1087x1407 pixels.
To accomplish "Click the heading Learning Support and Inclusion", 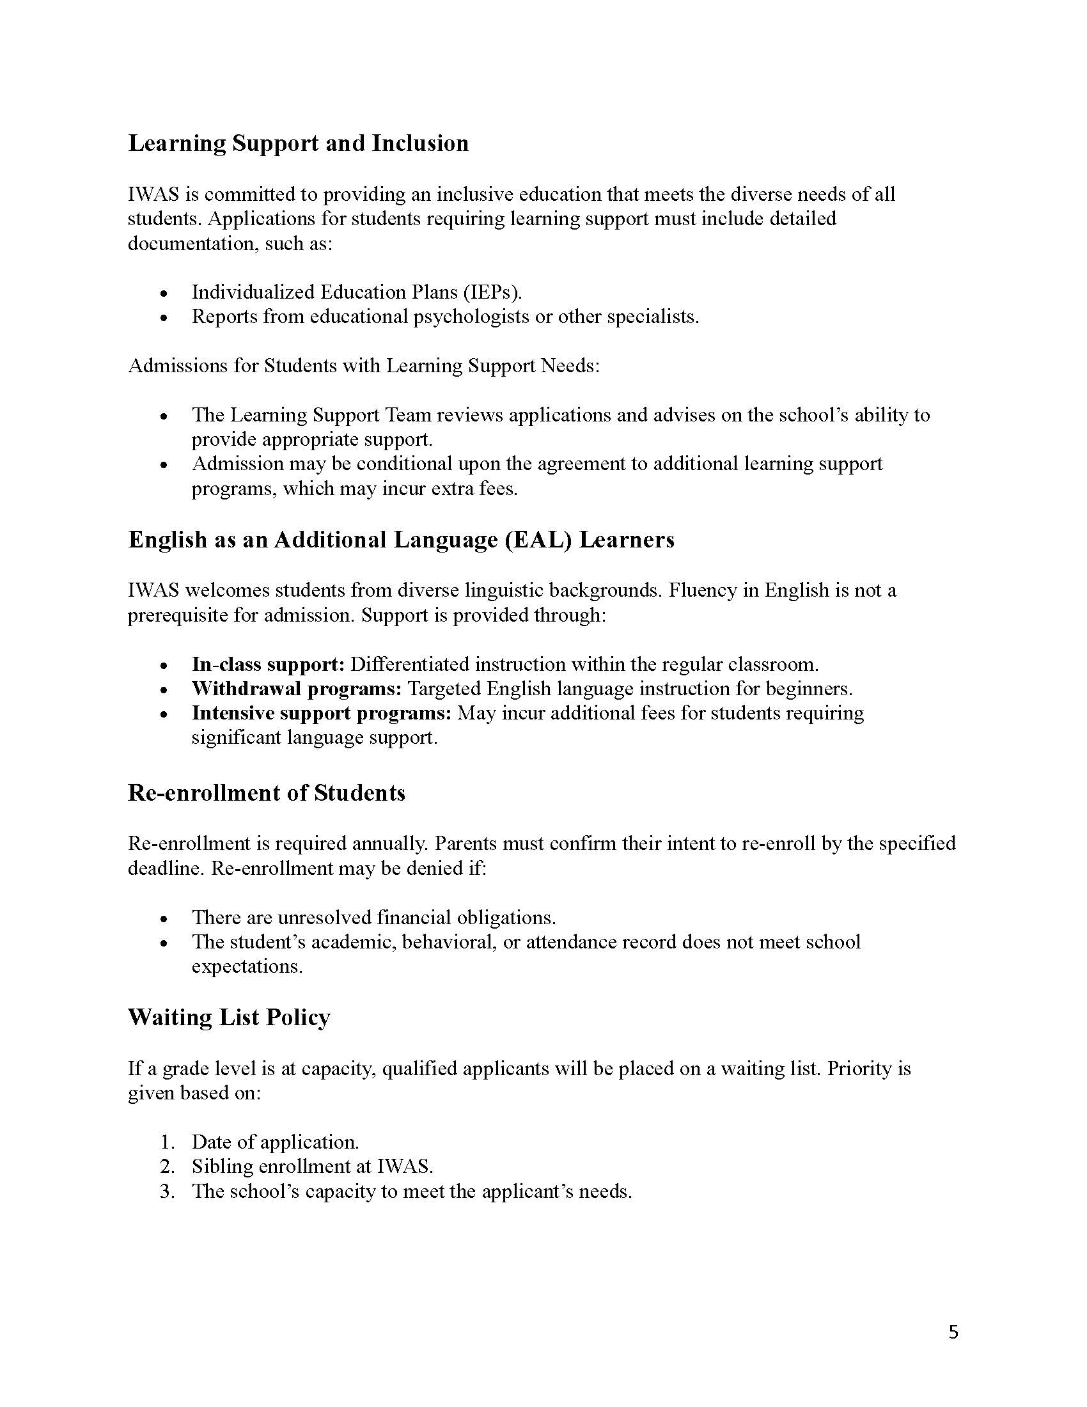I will pyautogui.click(x=298, y=143).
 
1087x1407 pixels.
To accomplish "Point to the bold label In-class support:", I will pyautogui.click(x=269, y=664).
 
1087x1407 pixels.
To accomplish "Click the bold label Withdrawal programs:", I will pyautogui.click(x=297, y=689).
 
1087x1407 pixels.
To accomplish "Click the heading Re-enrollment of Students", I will pyautogui.click(x=267, y=792).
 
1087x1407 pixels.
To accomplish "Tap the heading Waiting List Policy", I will pyautogui.click(x=230, y=1018).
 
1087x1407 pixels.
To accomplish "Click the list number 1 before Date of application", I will pyautogui.click(x=167, y=1142).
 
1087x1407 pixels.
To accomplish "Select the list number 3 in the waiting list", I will pyautogui.click(x=167, y=1191).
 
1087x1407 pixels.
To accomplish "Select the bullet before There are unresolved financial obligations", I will pyautogui.click(x=166, y=918).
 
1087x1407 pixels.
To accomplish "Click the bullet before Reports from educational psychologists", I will pyautogui.click(x=166, y=318).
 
